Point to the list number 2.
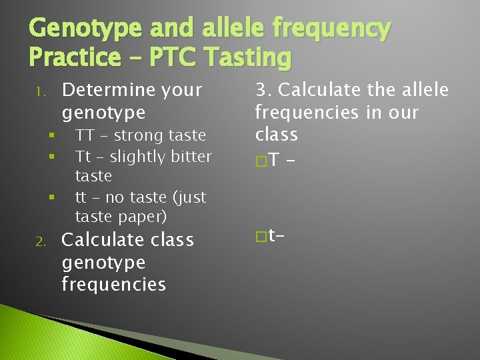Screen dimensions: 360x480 (x=39, y=241)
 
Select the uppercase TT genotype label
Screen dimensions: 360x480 (x=84, y=135)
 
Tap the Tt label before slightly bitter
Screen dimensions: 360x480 (x=83, y=157)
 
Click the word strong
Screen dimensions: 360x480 (x=139, y=135)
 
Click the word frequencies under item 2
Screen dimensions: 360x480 (x=113, y=284)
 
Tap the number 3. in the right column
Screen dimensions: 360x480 (x=263, y=89)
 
